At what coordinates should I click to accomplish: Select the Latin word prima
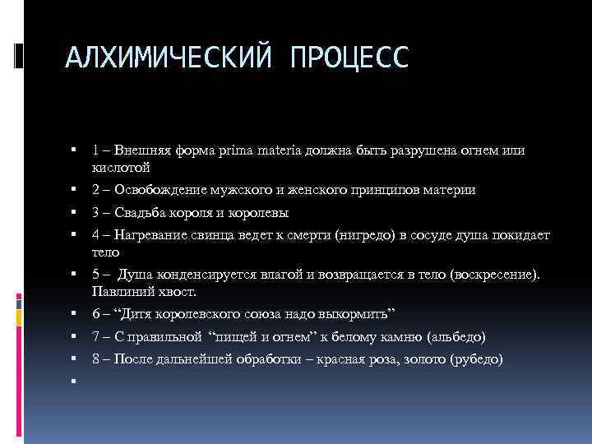point(235,150)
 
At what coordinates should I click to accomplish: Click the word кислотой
point(121,167)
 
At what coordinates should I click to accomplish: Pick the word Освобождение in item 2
point(156,190)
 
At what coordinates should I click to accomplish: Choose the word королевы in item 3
point(261,213)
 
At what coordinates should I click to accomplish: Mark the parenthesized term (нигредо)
point(369,236)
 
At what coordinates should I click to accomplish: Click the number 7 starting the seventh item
point(96,337)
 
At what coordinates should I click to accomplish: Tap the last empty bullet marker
point(74,382)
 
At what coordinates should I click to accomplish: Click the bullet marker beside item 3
point(74,213)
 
